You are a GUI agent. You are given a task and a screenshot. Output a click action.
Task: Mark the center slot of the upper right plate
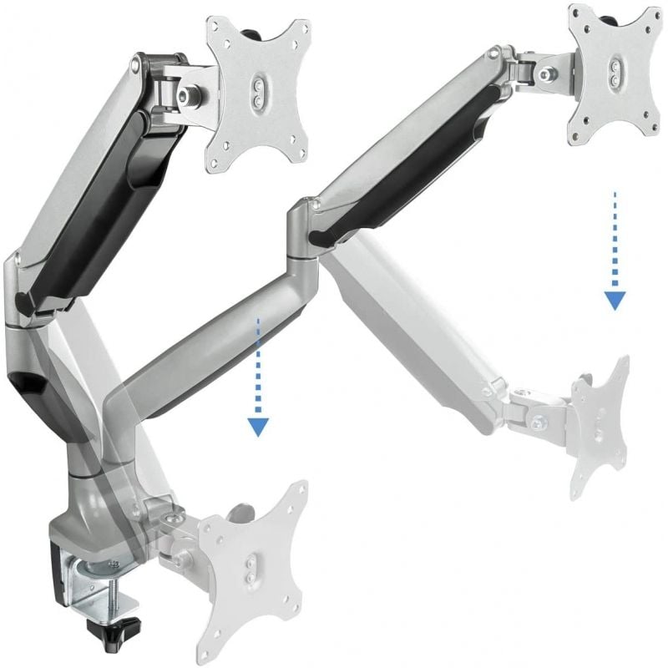(x=615, y=71)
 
